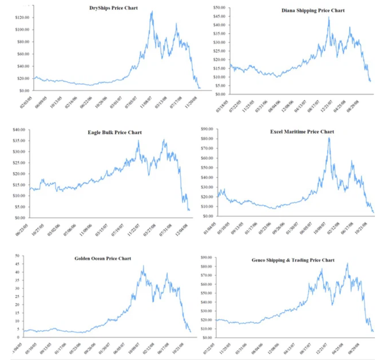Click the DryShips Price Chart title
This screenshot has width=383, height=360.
tap(113, 8)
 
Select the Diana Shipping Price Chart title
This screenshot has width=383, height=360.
tap(313, 10)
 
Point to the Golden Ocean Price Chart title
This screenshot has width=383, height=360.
tap(103, 258)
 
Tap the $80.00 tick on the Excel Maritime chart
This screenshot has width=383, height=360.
tap(206, 138)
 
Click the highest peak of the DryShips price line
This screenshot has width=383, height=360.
tap(152, 11)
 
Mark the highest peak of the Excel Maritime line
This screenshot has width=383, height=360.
tap(329, 138)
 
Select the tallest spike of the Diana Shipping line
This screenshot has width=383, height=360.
tap(328, 17)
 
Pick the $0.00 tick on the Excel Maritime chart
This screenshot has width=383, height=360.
tap(208, 216)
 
